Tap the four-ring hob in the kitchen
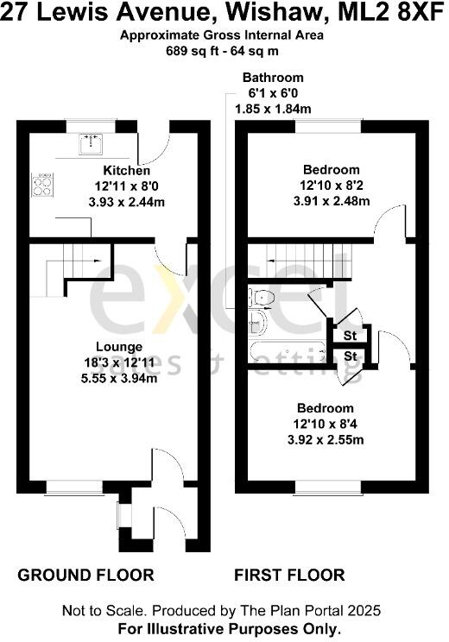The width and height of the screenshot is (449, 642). point(41,184)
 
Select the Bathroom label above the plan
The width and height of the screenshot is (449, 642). point(273,78)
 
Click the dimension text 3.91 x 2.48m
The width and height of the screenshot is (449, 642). point(334,202)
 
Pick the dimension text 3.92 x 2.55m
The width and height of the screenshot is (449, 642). point(326,439)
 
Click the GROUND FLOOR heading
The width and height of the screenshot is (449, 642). point(86,575)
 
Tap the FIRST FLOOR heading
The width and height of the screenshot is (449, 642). point(289,575)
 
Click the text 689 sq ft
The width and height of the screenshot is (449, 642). point(188,50)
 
